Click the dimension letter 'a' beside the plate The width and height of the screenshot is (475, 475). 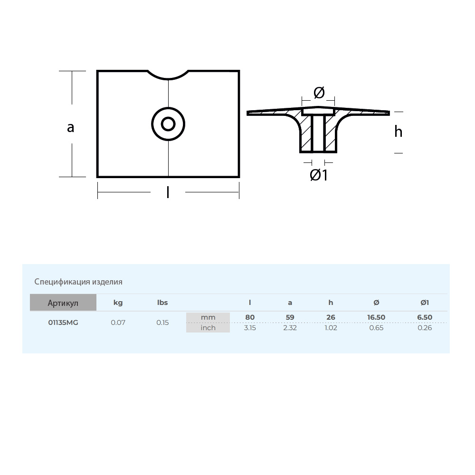click(x=71, y=127)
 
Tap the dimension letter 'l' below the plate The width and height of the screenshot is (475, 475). click(x=168, y=192)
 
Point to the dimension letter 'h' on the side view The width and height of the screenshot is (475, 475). click(x=399, y=132)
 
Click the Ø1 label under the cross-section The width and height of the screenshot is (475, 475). click(x=319, y=175)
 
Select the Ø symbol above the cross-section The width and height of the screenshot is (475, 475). click(x=319, y=93)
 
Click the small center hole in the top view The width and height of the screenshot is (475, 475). click(x=168, y=124)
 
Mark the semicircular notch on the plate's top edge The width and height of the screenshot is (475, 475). click(x=168, y=76)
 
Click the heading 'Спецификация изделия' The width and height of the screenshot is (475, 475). click(x=78, y=282)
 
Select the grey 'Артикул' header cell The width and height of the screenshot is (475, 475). click(x=63, y=302)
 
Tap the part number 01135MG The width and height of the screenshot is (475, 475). click(x=63, y=323)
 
